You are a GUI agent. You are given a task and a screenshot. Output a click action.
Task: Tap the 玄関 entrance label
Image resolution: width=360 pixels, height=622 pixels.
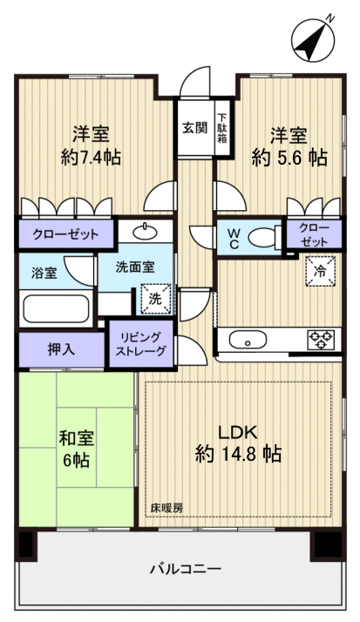click(194, 127)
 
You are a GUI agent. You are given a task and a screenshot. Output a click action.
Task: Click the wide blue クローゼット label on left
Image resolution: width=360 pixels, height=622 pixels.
click(65, 233)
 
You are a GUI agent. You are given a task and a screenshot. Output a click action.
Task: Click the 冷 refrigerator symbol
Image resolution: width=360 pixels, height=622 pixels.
click(319, 272)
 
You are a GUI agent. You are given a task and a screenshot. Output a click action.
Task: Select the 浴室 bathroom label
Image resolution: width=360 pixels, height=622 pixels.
click(44, 273)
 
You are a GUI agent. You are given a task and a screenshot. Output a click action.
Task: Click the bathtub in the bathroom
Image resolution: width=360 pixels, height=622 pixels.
click(54, 309)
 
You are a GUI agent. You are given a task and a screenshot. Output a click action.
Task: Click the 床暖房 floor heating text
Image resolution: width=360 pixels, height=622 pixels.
click(166, 507)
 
